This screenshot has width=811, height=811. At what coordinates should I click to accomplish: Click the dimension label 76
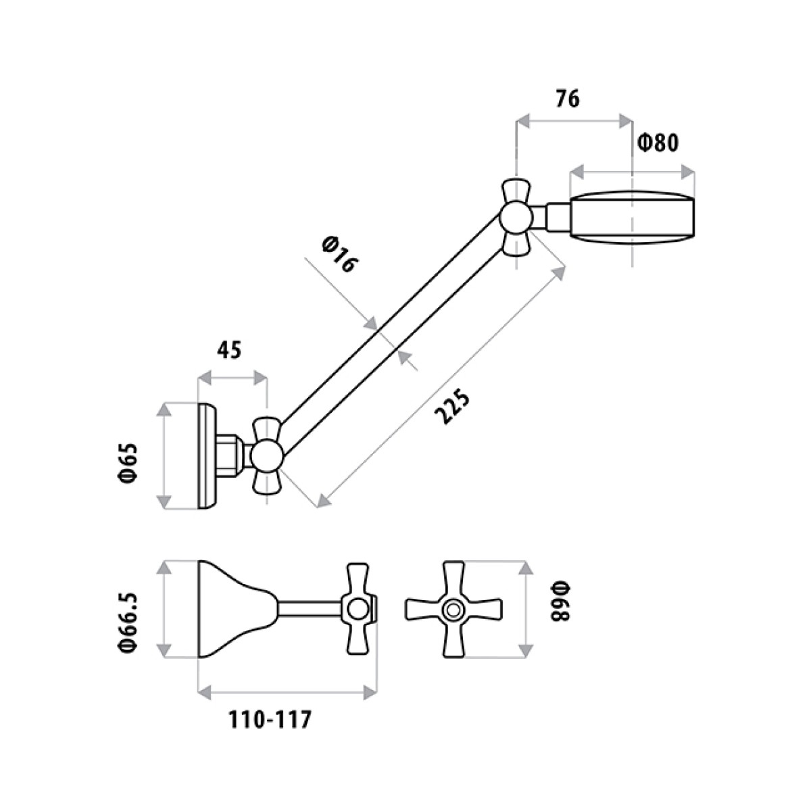[568, 99]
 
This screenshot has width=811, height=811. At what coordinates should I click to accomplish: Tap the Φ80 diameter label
[658, 143]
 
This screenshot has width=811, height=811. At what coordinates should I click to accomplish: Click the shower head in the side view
[632, 216]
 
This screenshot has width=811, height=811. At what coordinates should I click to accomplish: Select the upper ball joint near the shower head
[517, 218]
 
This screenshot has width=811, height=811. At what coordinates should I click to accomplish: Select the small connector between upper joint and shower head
[558, 217]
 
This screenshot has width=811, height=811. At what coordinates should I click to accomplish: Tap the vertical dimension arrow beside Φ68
[524, 608]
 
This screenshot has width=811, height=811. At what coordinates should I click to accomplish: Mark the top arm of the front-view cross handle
[452, 578]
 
